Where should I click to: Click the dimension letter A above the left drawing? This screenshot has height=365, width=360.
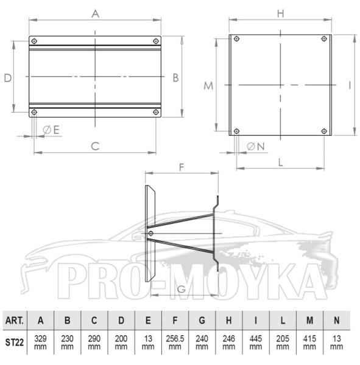(x=95, y=14)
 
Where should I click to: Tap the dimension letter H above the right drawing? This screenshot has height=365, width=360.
(x=280, y=14)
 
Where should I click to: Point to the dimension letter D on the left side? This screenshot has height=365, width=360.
(x=8, y=78)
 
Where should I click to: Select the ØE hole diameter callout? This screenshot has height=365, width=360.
(x=51, y=130)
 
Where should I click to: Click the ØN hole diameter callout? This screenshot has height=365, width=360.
(x=256, y=147)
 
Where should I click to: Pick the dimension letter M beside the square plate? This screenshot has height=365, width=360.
(x=208, y=86)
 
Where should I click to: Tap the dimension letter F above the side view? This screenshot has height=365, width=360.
(x=182, y=167)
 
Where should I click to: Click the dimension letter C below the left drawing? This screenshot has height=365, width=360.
(x=95, y=147)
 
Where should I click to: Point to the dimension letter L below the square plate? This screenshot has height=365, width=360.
(x=281, y=162)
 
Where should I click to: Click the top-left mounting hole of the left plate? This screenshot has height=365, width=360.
(x=34, y=41)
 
